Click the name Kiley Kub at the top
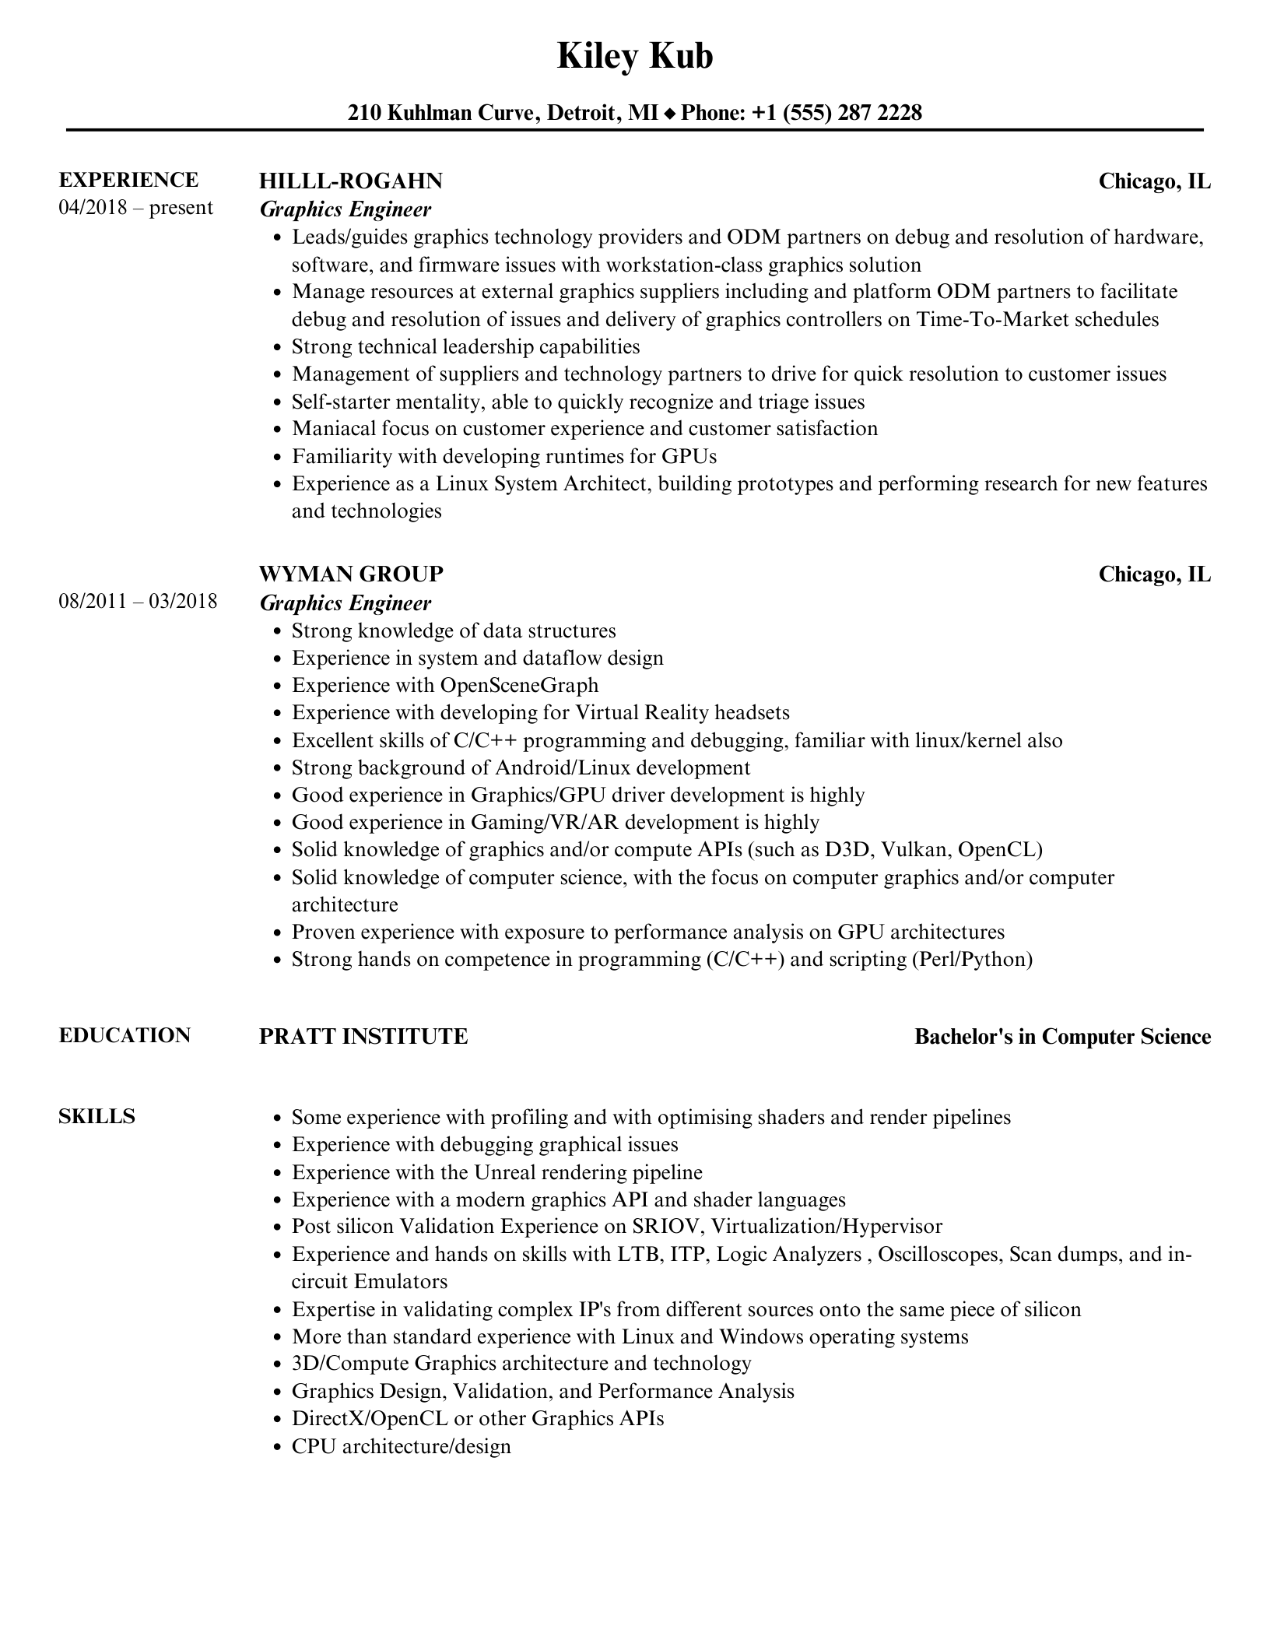pyautogui.click(x=634, y=57)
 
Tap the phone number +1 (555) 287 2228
pyautogui.click(x=837, y=114)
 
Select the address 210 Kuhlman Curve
pyautogui.click(x=440, y=114)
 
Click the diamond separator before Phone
pyautogui.click(x=669, y=114)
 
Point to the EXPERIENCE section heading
pyautogui.click(x=128, y=180)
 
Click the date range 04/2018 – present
pyautogui.click(x=135, y=208)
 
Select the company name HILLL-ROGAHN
pyautogui.click(x=350, y=181)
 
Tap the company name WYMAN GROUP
pyautogui.click(x=351, y=574)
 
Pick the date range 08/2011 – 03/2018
pyautogui.click(x=138, y=602)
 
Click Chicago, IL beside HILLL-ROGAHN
pyautogui.click(x=1154, y=181)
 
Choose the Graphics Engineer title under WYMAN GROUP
pyautogui.click(x=345, y=603)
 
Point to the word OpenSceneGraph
pyautogui.click(x=519, y=686)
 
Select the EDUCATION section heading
pyautogui.click(x=125, y=1035)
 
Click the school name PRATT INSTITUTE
pyautogui.click(x=363, y=1037)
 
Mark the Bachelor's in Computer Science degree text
pyautogui.click(x=1062, y=1037)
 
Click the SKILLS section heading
pyautogui.click(x=96, y=1116)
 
